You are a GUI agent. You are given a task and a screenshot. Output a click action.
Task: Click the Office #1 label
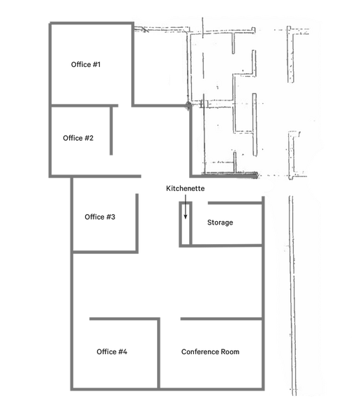86,65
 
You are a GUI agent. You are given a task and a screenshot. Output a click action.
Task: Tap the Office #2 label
78,138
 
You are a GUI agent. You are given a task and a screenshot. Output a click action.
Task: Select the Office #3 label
100,217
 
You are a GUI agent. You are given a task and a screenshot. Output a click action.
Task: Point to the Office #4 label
112,351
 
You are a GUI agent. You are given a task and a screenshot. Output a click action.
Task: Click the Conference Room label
211,351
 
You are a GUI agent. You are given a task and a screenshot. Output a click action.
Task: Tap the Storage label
220,222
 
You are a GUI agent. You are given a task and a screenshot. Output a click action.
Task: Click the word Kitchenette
186,188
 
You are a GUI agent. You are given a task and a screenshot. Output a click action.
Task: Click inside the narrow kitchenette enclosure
186,224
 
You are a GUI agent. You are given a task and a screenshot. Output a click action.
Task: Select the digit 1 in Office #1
98,65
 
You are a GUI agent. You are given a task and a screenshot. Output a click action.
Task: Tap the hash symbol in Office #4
121,351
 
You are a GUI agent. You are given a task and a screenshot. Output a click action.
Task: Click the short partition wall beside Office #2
111,131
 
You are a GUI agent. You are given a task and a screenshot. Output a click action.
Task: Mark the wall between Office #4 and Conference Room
158,354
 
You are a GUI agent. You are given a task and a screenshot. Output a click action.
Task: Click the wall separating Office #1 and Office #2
84,106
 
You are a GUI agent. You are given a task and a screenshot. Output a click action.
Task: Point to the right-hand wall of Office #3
137,224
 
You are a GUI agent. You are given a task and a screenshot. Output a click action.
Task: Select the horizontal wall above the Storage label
235,203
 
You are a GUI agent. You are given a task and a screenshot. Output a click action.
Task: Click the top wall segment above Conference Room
222,319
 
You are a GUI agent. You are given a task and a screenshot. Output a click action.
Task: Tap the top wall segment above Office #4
124,319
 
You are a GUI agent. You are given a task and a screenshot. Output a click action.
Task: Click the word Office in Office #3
92,217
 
